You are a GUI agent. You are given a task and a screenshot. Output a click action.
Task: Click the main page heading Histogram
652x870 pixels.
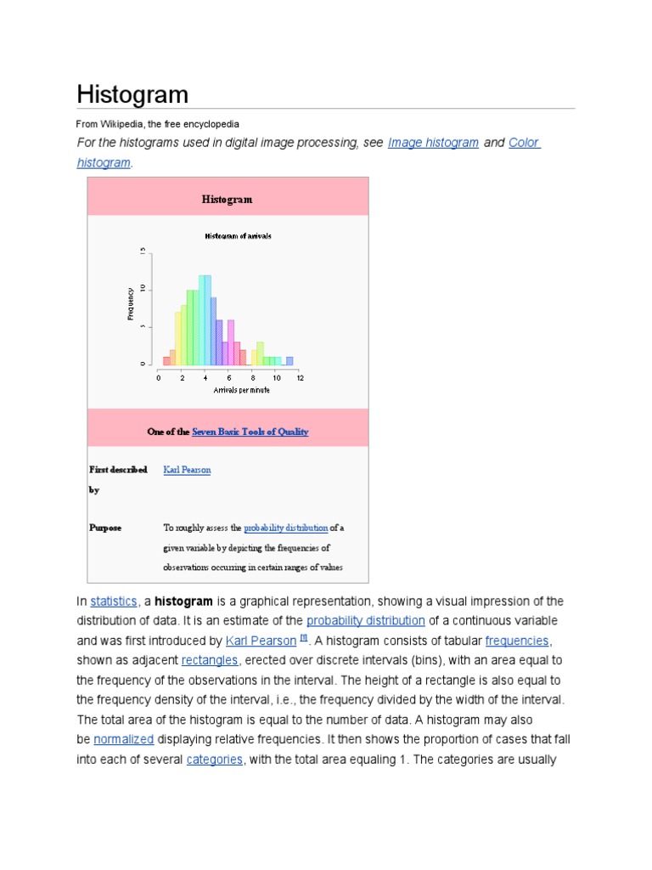[132, 93]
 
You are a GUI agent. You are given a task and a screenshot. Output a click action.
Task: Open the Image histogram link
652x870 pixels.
[433, 143]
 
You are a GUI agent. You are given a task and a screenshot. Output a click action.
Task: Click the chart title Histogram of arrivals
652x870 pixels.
[238, 236]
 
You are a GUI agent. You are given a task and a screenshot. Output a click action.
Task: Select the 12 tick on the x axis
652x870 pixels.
[301, 377]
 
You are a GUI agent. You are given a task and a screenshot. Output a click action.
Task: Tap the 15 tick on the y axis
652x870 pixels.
[143, 251]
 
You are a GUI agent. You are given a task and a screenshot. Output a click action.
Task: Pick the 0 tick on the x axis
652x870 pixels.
[158, 377]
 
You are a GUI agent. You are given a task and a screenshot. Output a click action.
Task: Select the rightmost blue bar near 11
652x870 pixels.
[289, 361]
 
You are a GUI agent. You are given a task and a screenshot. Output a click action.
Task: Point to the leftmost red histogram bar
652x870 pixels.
[166, 361]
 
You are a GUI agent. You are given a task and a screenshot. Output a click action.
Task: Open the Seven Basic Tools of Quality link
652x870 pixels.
[250, 432]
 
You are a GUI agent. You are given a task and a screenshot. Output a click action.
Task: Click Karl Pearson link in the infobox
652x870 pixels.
[187, 470]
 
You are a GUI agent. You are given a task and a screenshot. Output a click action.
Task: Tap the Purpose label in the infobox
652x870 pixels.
[105, 528]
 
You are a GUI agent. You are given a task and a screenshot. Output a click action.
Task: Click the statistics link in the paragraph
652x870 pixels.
[114, 601]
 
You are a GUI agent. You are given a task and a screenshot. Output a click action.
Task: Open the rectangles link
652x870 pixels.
[216, 660]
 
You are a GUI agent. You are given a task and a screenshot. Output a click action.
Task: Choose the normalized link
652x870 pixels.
[123, 739]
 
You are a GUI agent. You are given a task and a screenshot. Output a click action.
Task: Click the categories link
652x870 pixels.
[215, 760]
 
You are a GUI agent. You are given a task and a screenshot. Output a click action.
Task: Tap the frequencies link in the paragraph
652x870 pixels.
[517, 641]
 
